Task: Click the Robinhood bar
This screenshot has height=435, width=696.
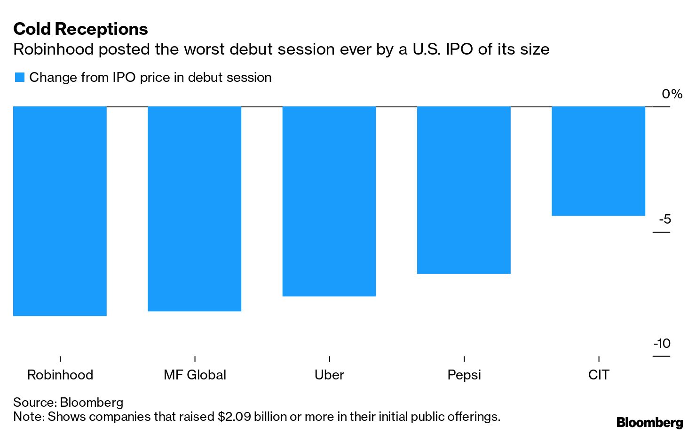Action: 60,211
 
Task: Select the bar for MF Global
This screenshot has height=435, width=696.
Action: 194,209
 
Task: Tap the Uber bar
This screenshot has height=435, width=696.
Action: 329,201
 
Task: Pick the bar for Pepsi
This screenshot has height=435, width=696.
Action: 464,190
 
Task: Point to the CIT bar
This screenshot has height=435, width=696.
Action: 598,161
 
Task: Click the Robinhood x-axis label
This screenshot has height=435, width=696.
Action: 60,375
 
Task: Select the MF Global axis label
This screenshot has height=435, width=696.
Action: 195,375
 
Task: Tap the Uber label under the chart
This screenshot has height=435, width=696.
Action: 329,375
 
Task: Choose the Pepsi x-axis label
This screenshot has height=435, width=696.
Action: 464,375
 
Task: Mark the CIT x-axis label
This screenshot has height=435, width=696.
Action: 599,375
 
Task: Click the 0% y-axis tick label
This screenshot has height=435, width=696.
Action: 672,94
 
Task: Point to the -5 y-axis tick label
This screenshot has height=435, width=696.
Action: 664,219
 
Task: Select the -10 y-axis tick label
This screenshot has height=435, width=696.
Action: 662,344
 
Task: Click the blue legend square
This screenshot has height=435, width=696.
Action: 19,78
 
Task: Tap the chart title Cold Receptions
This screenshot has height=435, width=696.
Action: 80,29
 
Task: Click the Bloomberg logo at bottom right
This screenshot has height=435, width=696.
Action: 649,422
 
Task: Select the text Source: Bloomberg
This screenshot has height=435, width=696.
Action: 68,403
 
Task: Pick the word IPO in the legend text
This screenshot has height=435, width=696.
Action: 124,78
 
